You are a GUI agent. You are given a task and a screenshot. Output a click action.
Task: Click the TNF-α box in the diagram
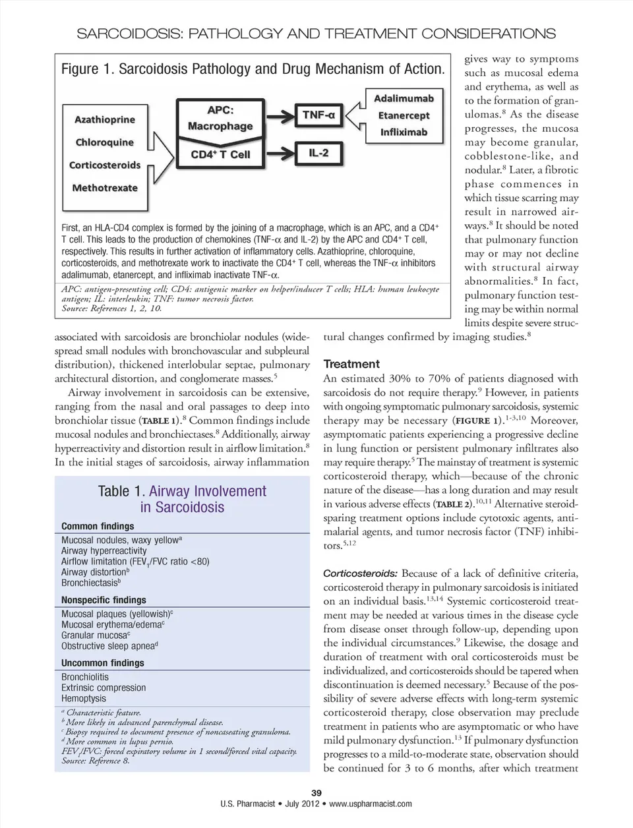coord(318,115)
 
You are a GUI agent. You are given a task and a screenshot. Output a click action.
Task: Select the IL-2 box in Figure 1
coord(318,153)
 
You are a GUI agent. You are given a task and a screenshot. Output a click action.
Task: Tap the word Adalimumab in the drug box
coord(404,99)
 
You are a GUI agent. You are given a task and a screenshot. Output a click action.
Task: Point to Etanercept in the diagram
coord(404,115)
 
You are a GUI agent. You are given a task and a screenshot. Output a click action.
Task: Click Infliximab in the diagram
coord(404,132)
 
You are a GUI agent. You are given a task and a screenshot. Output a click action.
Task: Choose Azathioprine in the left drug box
coord(104,119)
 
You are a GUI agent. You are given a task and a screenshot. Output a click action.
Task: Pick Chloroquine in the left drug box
coord(104,142)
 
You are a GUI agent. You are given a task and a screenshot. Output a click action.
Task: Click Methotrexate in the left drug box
coord(104,188)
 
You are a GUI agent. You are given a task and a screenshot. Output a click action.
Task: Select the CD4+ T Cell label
coord(220,155)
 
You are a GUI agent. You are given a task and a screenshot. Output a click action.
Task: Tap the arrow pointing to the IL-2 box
coord(277,154)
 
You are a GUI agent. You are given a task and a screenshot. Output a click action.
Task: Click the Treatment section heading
coord(351,364)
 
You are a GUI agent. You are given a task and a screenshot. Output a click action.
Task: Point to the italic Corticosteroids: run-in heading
coord(360,573)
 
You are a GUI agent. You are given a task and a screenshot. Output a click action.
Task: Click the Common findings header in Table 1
coord(98,526)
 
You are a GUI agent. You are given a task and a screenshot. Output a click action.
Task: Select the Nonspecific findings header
coord(104,600)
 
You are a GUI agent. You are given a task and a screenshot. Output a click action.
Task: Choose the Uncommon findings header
coord(102,663)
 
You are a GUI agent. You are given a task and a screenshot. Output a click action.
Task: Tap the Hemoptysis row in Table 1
coord(84,698)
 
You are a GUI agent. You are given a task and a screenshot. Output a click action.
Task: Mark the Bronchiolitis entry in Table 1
coord(85,677)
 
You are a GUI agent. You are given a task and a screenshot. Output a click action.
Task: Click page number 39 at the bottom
coord(316,793)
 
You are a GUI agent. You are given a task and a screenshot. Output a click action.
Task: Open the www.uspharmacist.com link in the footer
coord(370,804)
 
